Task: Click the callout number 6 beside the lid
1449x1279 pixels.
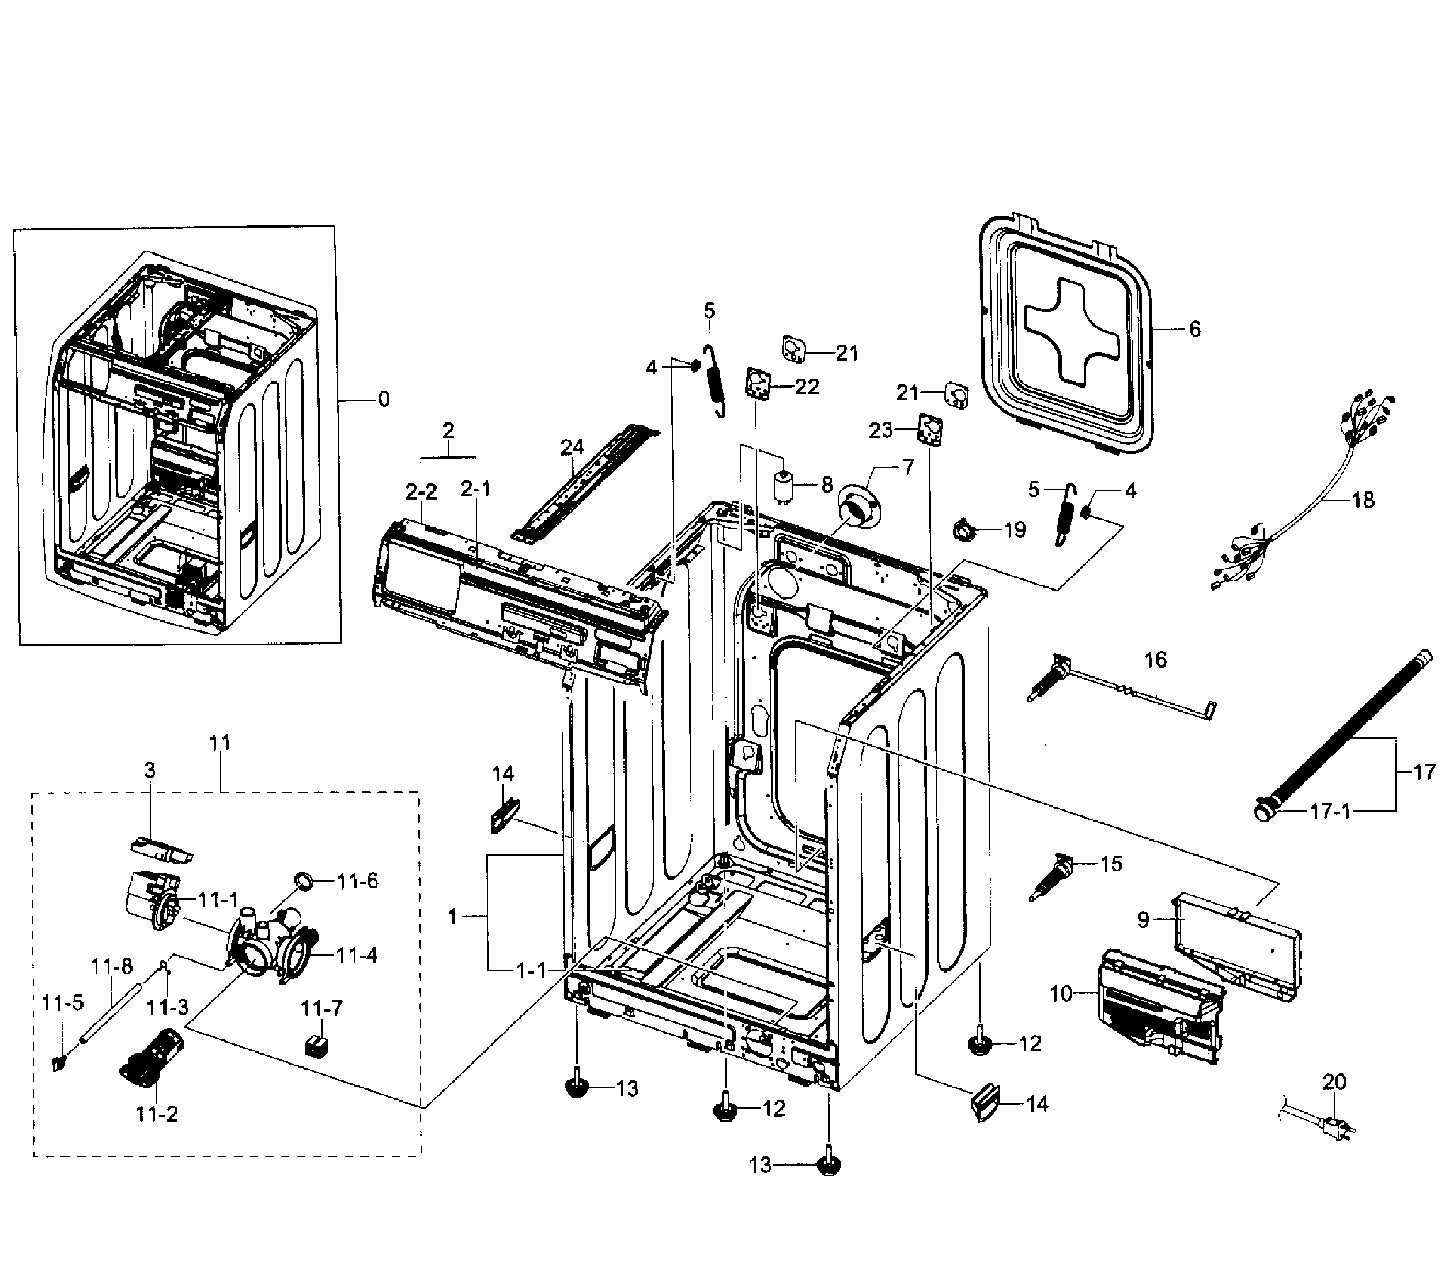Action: [x=1194, y=329]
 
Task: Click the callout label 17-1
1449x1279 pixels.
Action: [x=1330, y=811]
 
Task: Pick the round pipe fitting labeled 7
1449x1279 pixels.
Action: [x=858, y=506]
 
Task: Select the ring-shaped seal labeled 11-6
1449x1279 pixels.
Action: [x=304, y=881]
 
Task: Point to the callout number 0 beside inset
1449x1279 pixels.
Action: [x=384, y=400]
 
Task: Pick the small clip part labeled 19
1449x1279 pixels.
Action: [x=966, y=529]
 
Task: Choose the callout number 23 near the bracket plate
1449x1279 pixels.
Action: [x=880, y=430]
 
